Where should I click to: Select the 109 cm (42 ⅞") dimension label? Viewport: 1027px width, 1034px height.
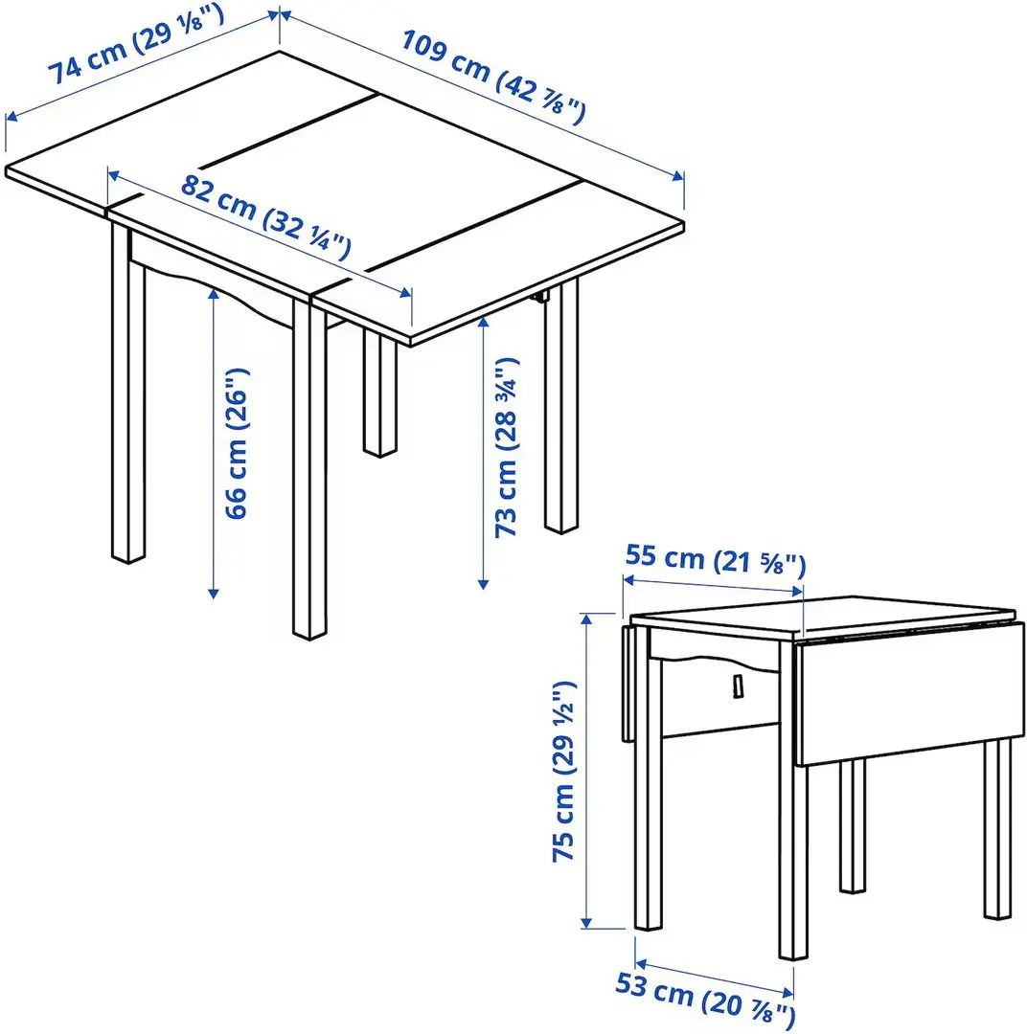point(492,77)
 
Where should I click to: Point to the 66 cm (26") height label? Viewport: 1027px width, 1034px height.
point(238,442)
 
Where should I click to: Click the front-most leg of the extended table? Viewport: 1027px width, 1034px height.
point(309,469)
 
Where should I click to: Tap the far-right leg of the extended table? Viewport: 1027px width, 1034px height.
point(561,412)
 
